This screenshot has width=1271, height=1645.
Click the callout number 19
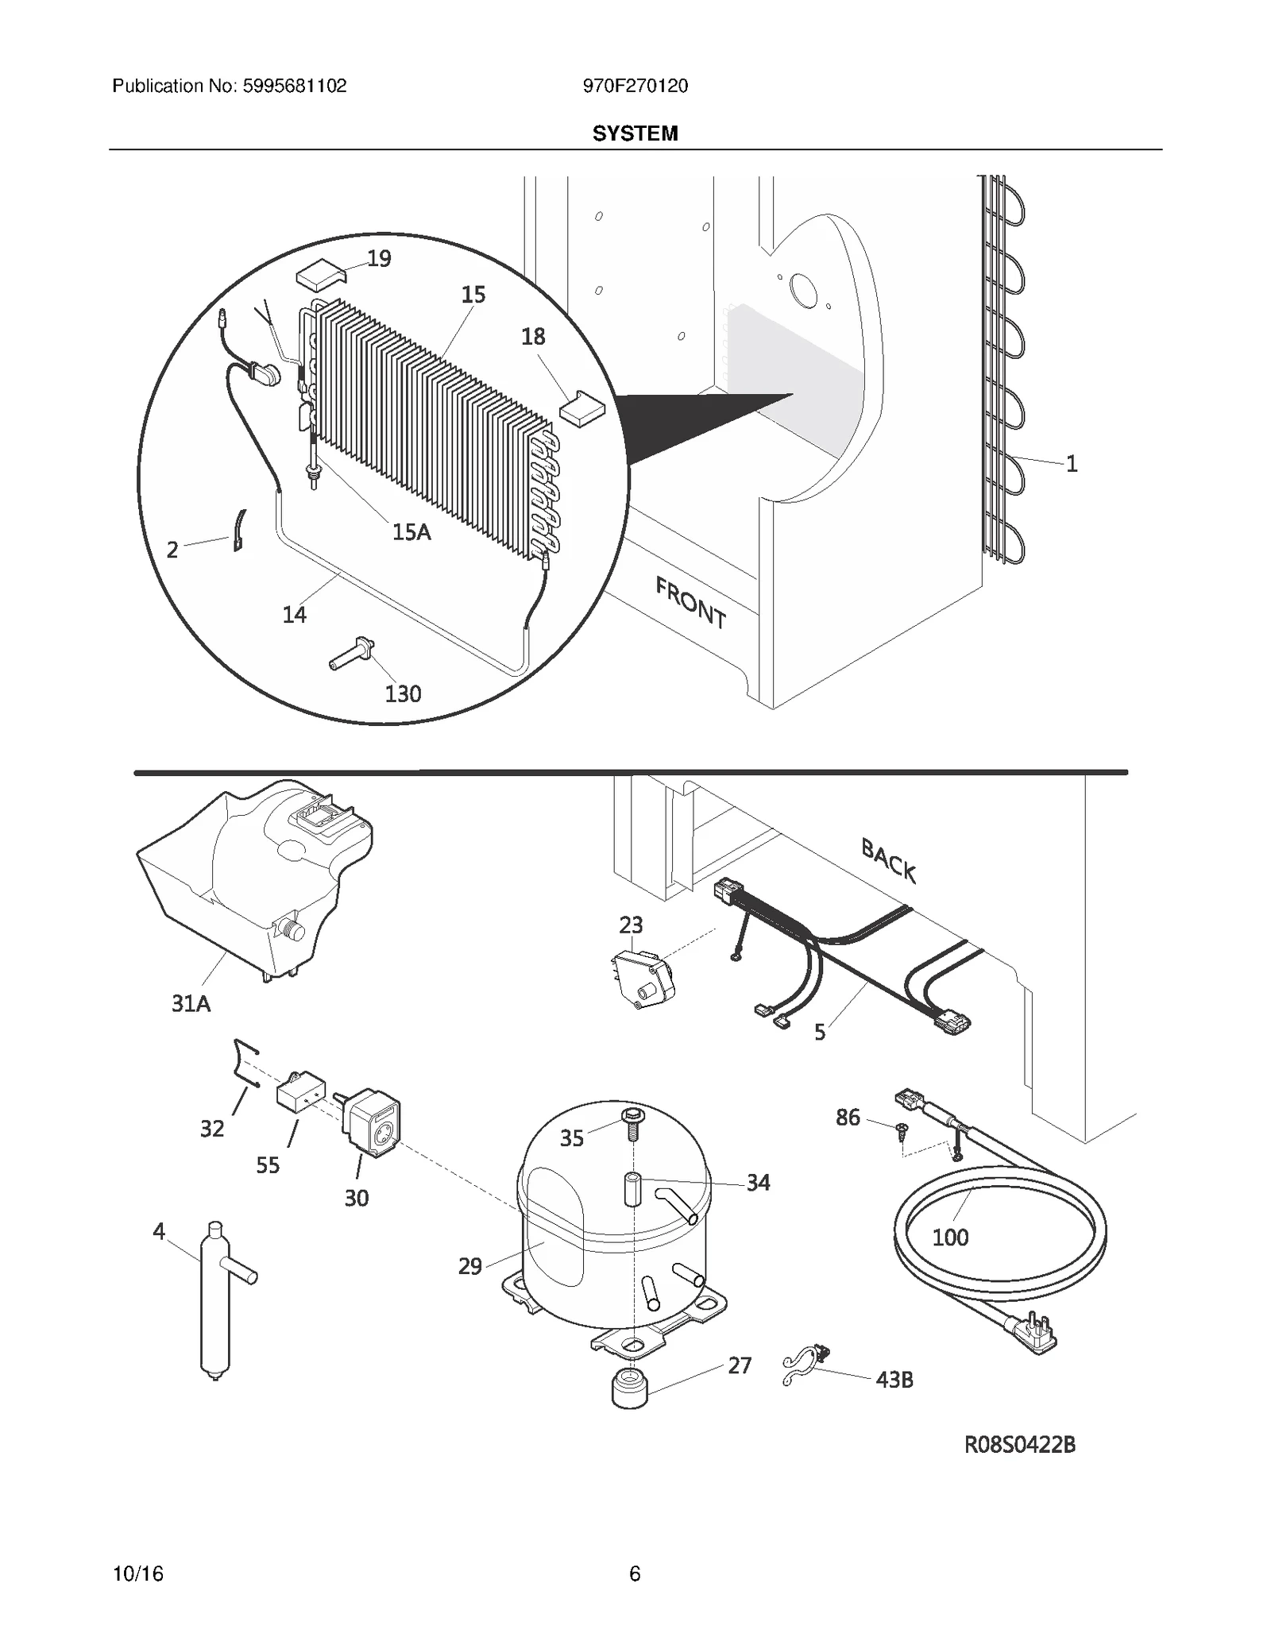pyautogui.click(x=379, y=259)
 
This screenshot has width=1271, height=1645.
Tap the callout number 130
pyautogui.click(x=403, y=694)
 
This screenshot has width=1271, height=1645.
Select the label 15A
pyautogui.click(x=411, y=532)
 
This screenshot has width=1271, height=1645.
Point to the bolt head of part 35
pyautogui.click(x=632, y=1116)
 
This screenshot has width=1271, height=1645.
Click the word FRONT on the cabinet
pyautogui.click(x=690, y=604)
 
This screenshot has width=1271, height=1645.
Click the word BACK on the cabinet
pyautogui.click(x=889, y=861)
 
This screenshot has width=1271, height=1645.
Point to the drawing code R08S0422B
pyautogui.click(x=1020, y=1446)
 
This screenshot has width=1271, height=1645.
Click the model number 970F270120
pyautogui.click(x=635, y=87)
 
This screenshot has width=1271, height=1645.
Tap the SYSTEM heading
pyautogui.click(x=635, y=133)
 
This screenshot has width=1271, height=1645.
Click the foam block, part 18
pyautogui.click(x=582, y=408)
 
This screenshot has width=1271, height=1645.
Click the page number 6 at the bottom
pyautogui.click(x=635, y=1574)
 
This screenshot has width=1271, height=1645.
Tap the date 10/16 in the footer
pyautogui.click(x=138, y=1574)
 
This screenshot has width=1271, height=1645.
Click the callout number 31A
pyautogui.click(x=191, y=1004)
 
